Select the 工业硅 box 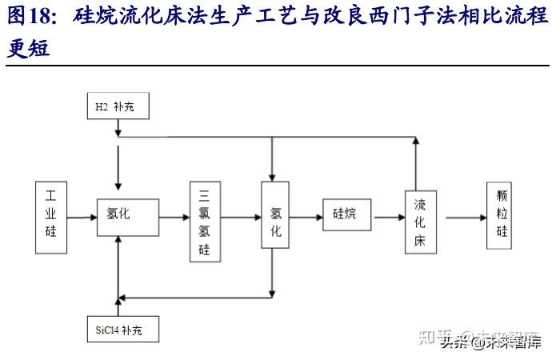51,217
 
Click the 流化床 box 420,222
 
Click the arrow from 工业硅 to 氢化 81,216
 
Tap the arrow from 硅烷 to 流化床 389,216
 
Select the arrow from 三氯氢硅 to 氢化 240,216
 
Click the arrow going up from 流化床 416,165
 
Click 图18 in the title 32,17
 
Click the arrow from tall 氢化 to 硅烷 305,216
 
